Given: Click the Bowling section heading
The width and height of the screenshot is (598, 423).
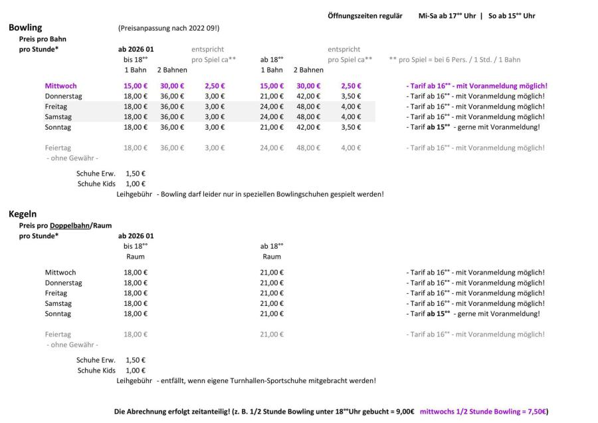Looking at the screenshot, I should [x=25, y=28].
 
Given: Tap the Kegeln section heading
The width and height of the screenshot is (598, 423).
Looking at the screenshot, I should [x=23, y=215].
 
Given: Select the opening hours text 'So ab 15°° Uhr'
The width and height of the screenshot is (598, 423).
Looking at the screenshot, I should [x=512, y=16].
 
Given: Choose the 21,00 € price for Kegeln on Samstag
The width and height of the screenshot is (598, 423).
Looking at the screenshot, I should [x=272, y=303].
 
